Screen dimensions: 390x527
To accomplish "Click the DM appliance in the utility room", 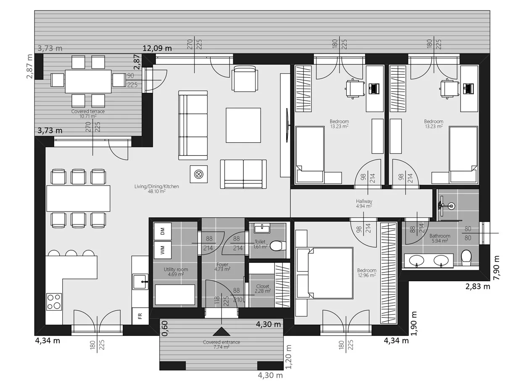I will point(162,231).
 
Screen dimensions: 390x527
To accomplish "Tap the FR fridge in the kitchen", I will point(140,316).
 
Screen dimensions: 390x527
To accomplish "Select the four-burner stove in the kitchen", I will point(54,302).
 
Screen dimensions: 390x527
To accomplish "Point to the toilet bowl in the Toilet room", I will point(277,245).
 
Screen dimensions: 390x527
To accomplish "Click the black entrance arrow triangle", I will point(221,331).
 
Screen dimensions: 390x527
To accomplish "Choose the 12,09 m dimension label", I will point(157,48).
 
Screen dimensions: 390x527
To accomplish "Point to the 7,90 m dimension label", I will point(496,267).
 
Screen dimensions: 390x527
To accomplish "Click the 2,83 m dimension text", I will point(477,287).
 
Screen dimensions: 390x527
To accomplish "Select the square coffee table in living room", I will point(243,125).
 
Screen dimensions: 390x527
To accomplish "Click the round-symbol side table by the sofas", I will point(198,174).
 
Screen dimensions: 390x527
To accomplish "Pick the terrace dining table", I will point(88,81).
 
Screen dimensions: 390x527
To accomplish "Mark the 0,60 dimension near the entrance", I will point(165,328).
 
